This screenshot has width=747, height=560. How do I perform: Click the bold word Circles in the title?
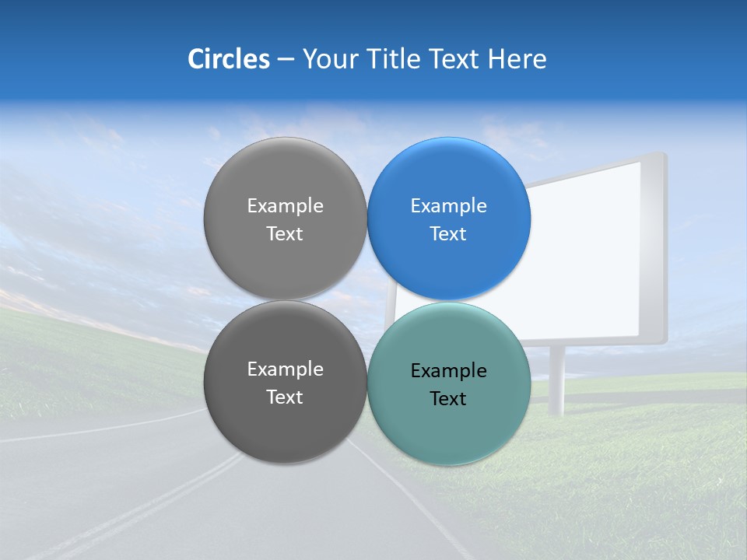(x=228, y=59)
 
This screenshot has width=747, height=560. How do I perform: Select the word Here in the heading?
(x=517, y=59)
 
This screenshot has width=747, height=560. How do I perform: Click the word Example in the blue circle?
(x=448, y=206)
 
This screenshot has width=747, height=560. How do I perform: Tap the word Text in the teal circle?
(x=448, y=399)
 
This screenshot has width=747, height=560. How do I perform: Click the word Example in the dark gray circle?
(x=285, y=369)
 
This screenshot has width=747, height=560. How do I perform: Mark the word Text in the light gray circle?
(x=285, y=234)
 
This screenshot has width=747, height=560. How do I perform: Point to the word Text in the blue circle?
(x=448, y=234)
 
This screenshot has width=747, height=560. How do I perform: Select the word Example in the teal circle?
(x=448, y=371)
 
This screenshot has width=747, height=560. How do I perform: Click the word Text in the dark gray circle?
(x=285, y=397)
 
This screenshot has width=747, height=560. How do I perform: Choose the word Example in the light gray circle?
(x=285, y=206)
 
